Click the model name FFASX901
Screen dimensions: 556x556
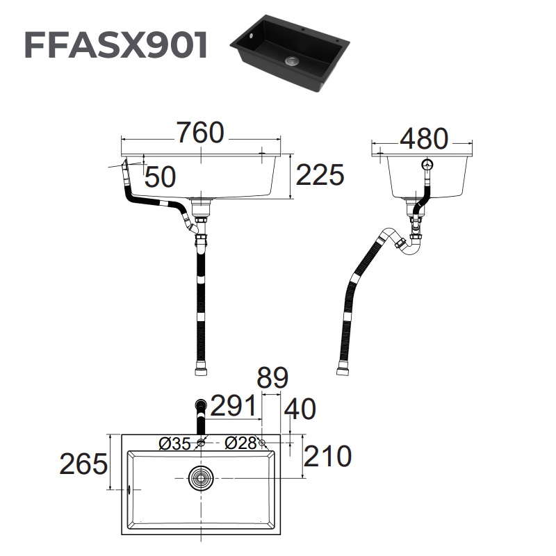coord(116,45)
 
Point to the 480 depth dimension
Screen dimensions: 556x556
coord(423,139)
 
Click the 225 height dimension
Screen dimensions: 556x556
coord(320,176)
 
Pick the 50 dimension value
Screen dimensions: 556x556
coord(160,177)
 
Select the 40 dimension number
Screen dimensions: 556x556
coord(300,409)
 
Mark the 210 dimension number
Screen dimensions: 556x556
coord(327,457)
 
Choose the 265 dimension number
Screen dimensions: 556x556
coord(83,464)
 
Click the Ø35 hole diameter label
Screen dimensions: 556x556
coord(174,443)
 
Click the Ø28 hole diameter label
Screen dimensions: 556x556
coord(240,443)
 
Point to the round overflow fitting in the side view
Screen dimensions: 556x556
coord(427,165)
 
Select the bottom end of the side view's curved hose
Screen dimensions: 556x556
coord(343,371)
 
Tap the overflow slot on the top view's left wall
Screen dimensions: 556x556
coord(129,489)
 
